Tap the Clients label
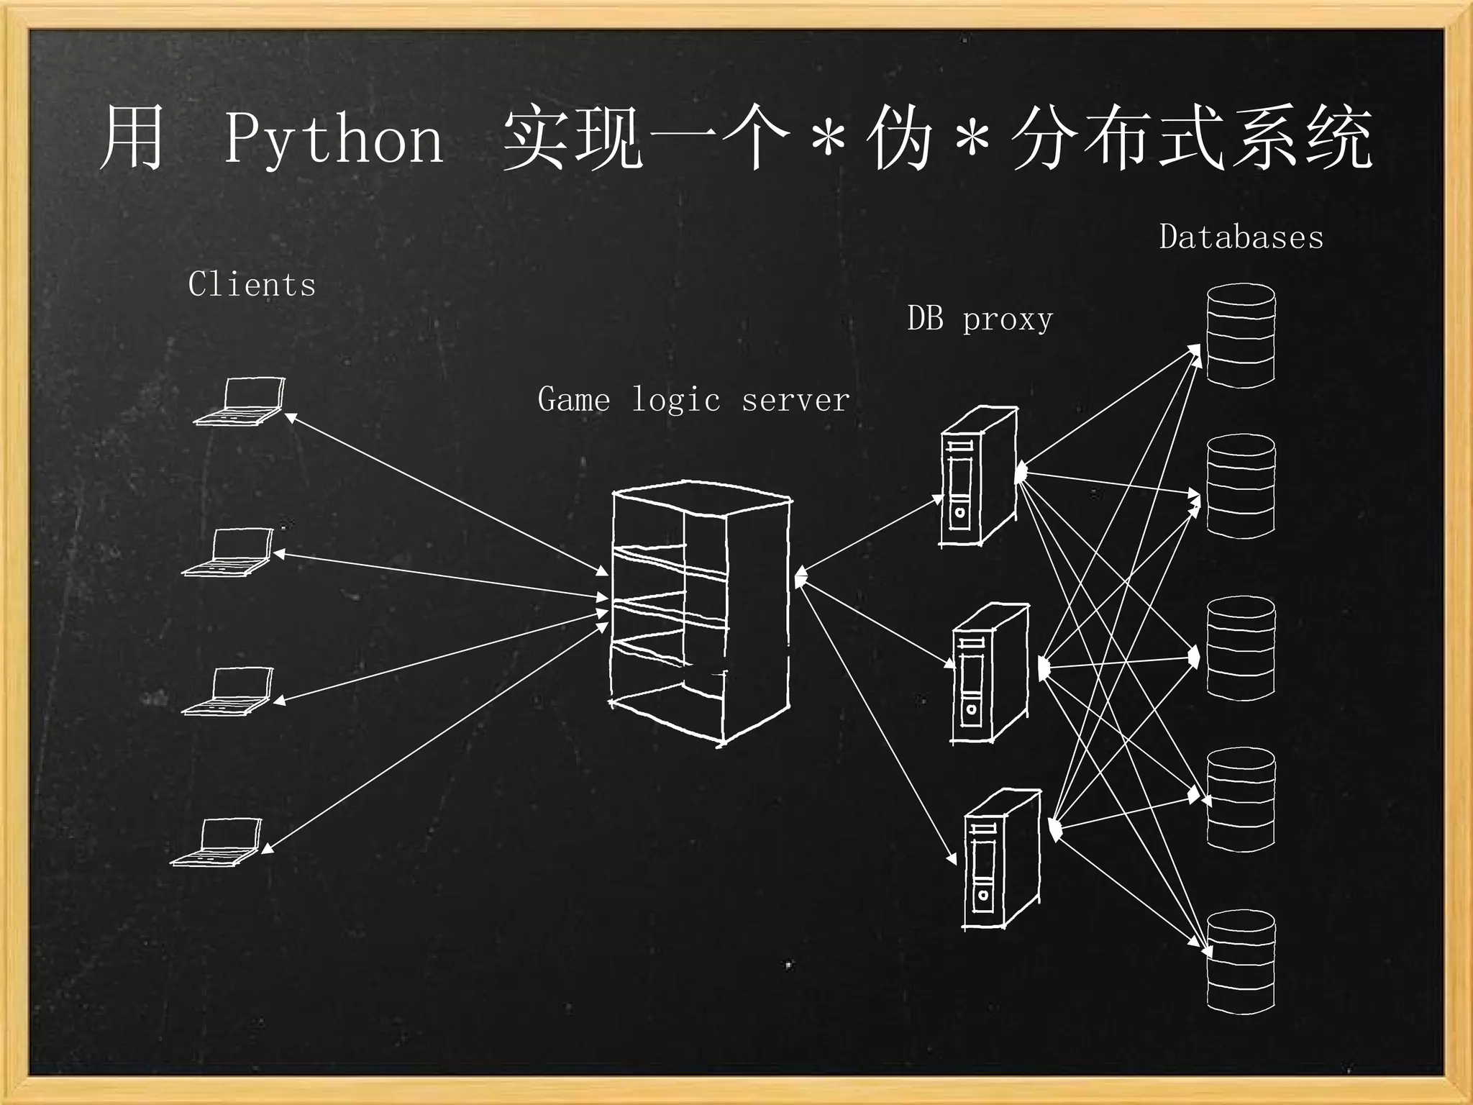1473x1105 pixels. coord(252,284)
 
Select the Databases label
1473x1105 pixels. coord(1241,237)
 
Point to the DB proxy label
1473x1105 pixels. coord(980,319)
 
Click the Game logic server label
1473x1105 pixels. coord(693,400)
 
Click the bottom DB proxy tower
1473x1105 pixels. coord(1001,860)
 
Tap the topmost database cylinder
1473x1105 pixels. coord(1241,335)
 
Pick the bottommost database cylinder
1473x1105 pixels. coord(1241,962)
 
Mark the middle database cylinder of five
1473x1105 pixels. coord(1241,648)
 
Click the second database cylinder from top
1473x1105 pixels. coord(1241,486)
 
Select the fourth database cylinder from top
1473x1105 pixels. coord(1241,800)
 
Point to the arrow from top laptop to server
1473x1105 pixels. coord(446,494)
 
